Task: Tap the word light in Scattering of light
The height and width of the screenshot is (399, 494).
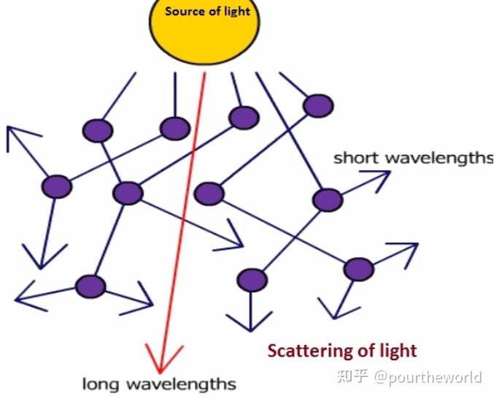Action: coord(398,351)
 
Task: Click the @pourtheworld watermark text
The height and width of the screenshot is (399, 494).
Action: coord(428,377)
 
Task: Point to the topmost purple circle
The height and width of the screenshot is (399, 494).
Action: coord(318,106)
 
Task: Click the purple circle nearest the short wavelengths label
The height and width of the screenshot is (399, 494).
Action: coord(327,199)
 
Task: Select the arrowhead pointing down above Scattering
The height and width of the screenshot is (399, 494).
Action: coord(250,322)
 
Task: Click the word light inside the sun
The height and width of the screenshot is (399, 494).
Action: coord(235,11)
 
